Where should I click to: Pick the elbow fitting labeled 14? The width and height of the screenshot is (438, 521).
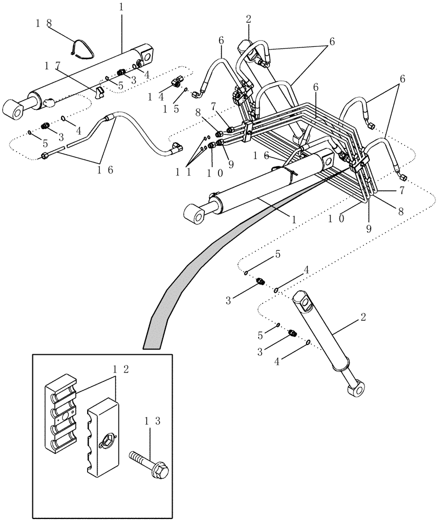click(178, 81)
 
